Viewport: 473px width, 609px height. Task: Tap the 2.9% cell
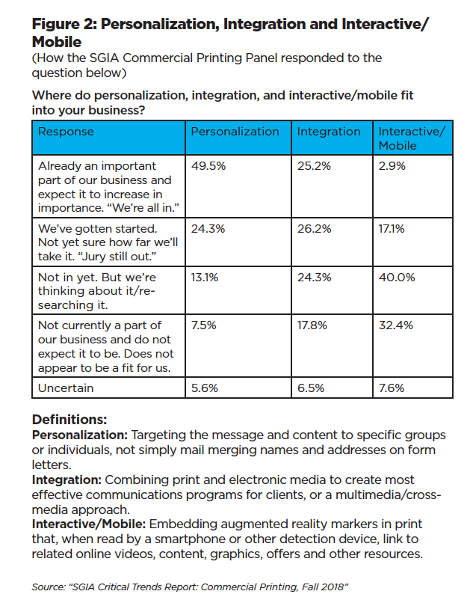tap(392, 166)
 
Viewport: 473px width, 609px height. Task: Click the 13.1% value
tap(204, 277)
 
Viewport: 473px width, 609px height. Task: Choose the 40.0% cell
tap(395, 277)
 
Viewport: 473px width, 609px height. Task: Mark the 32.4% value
tap(395, 325)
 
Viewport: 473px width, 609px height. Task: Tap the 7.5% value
tap(203, 325)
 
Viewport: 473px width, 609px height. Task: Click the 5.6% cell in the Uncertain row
tap(204, 388)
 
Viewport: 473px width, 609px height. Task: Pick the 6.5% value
tap(310, 388)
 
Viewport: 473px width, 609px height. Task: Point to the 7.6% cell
tap(392, 388)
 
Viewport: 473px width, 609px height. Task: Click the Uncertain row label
tap(67, 388)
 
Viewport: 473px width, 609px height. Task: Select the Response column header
tap(66, 132)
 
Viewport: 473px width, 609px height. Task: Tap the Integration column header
tap(329, 132)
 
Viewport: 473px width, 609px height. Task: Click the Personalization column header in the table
tap(235, 132)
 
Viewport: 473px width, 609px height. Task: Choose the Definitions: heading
tap(69, 420)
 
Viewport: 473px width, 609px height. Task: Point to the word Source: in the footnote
tap(47, 587)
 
